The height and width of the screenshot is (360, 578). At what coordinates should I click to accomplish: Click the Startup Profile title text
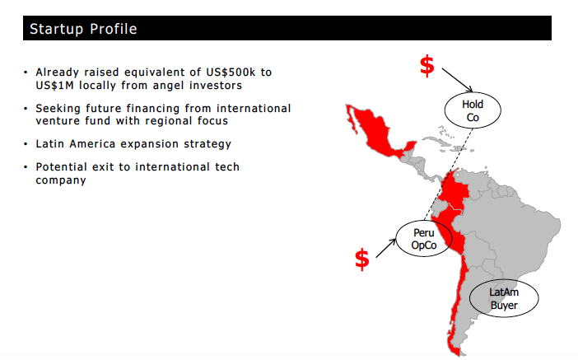coord(83,30)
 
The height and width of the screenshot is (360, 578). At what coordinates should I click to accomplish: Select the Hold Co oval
coord(473,111)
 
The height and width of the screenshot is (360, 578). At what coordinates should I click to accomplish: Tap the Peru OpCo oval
coord(423,240)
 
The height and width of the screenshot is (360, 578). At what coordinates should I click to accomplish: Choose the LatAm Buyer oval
coord(504,298)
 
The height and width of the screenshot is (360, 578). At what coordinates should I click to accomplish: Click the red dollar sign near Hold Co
coord(427,66)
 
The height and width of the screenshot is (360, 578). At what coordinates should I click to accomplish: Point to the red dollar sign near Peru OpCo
coord(362,259)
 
